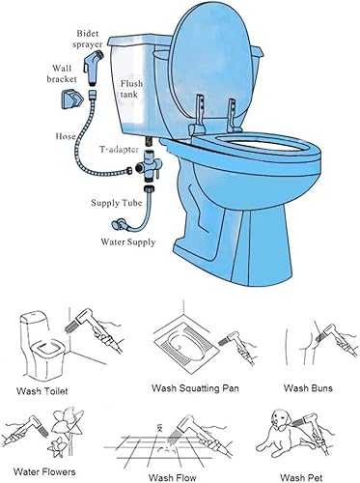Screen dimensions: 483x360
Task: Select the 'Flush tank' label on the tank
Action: [132, 91]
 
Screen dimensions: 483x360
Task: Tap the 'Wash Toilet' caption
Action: [43, 391]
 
